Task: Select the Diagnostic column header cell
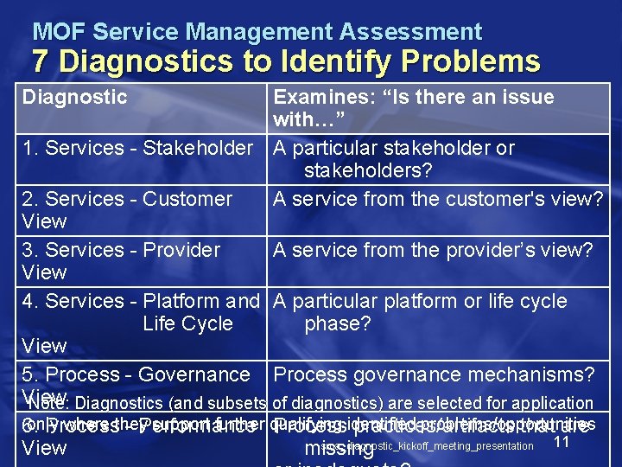75,97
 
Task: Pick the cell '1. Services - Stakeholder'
138,148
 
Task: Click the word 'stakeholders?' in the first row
368,170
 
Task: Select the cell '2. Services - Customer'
128,199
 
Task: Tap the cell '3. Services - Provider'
122,250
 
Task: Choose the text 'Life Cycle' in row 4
187,323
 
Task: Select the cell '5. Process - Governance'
136,374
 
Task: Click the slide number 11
562,442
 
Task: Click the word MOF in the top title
59,33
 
